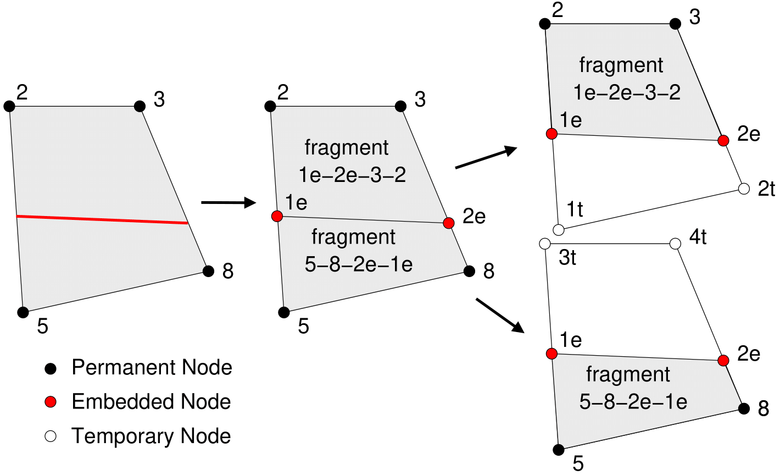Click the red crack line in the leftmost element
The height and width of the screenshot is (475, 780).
(x=102, y=219)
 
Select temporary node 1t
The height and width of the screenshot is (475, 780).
(x=558, y=229)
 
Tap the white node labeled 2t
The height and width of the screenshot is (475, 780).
(x=744, y=189)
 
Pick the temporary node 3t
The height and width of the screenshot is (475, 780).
(x=544, y=244)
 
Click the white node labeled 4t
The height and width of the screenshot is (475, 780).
(x=676, y=244)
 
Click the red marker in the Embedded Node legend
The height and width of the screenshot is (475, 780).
(x=51, y=402)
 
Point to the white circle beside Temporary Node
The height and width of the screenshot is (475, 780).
(x=51, y=437)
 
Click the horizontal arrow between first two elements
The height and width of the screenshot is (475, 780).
(x=229, y=203)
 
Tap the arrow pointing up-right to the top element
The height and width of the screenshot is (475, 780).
(x=486, y=158)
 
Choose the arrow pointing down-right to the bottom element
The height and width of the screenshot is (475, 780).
(x=499, y=316)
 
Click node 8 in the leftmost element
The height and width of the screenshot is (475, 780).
(x=208, y=271)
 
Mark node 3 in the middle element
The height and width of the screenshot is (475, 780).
(x=400, y=106)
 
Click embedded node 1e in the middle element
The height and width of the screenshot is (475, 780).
(x=277, y=217)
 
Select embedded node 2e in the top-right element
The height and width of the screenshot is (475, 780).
(x=723, y=140)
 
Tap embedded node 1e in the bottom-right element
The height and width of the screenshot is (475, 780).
(x=551, y=354)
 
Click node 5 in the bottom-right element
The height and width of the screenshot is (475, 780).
(x=559, y=450)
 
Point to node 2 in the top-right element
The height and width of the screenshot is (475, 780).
(x=544, y=24)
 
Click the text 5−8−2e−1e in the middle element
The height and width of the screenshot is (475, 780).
(x=358, y=264)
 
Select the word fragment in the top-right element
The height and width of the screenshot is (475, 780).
(x=621, y=65)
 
